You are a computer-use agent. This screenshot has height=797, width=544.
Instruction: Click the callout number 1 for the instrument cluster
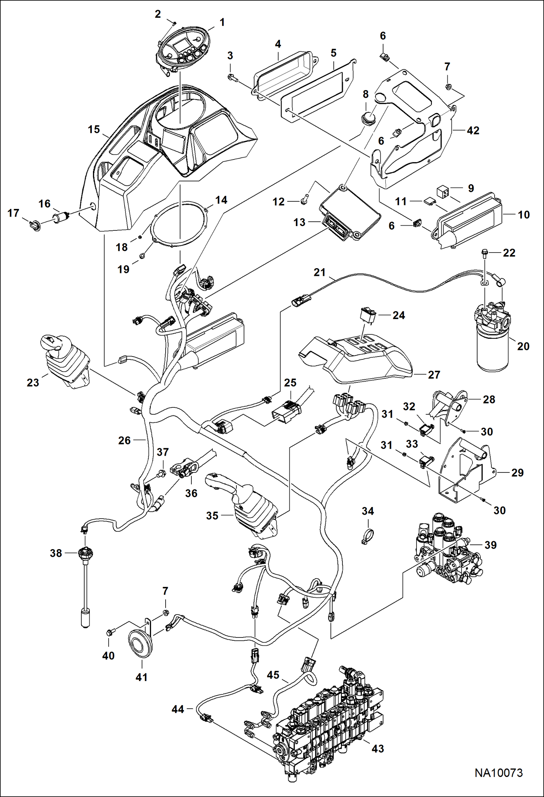(222, 23)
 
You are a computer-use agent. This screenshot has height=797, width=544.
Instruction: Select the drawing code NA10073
(499, 773)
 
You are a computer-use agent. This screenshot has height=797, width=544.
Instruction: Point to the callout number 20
(523, 346)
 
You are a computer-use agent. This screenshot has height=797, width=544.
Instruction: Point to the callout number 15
(94, 129)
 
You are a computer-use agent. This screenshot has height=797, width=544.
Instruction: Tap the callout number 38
(56, 553)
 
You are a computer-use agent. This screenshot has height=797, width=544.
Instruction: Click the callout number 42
(473, 130)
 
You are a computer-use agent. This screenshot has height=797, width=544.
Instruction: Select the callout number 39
(490, 545)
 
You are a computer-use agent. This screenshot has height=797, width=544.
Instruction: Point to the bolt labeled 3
(231, 77)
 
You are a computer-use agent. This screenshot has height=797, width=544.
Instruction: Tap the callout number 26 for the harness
(124, 440)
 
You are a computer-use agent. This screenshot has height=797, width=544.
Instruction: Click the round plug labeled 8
(366, 118)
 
